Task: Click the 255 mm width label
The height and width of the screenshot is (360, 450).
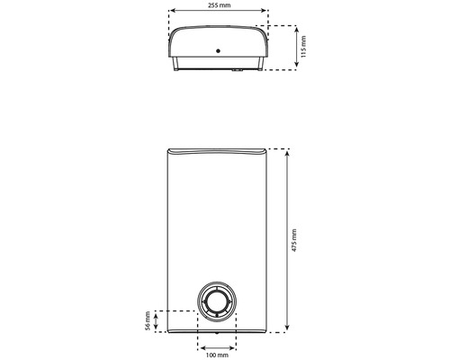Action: (x=220, y=5)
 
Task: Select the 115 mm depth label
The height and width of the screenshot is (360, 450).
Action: (x=304, y=47)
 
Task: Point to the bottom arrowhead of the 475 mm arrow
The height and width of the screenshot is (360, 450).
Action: (x=286, y=330)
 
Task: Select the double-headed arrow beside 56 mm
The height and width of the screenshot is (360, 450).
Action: (x=157, y=320)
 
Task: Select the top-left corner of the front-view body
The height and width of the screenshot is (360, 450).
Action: (x=167, y=149)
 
